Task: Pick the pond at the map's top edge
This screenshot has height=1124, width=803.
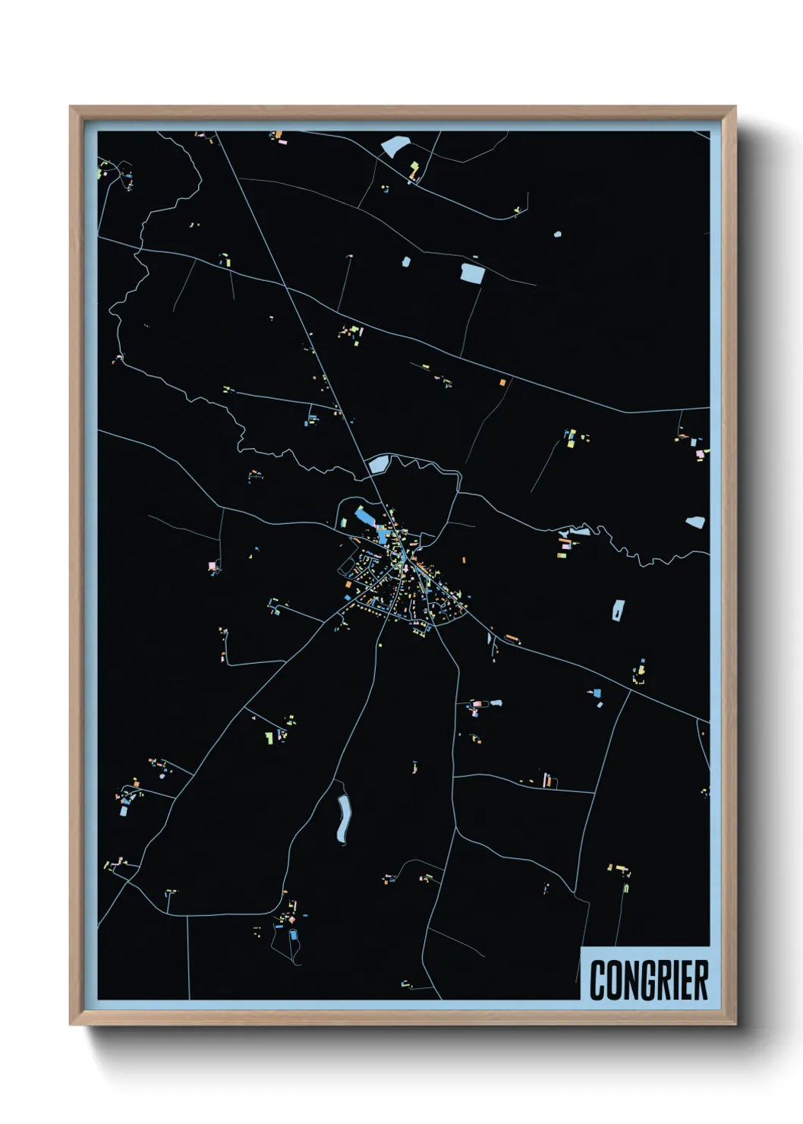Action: (x=395, y=145)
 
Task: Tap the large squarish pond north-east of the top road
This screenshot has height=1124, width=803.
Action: (x=472, y=273)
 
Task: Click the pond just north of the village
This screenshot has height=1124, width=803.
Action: (x=379, y=463)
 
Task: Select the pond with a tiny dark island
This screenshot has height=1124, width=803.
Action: (x=619, y=609)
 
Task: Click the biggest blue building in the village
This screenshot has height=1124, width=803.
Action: (x=365, y=519)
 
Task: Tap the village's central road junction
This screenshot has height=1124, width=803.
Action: (x=408, y=562)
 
